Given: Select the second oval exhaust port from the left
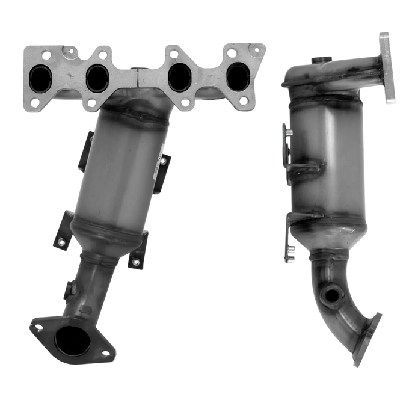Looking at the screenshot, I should click(96, 76).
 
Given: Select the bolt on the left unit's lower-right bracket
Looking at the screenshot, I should click(136, 260).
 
